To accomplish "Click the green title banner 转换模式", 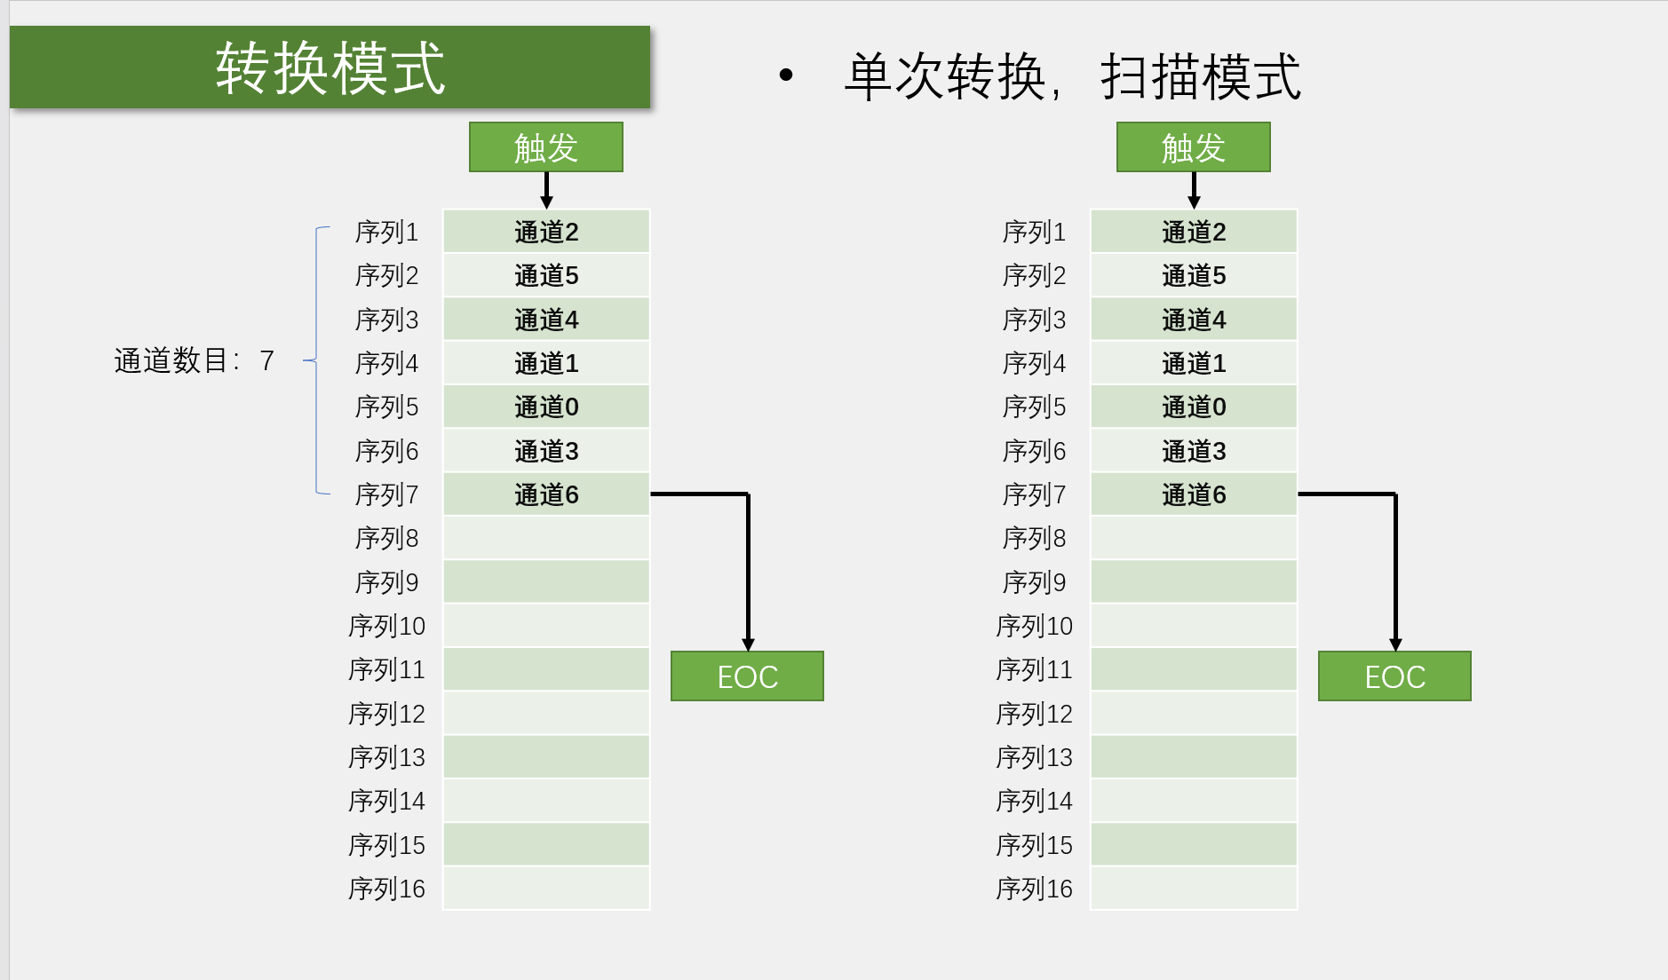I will click(330, 67).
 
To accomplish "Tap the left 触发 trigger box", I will click(545, 147).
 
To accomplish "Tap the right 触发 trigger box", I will click(1193, 147).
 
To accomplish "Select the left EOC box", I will click(747, 676).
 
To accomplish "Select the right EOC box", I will click(1394, 676).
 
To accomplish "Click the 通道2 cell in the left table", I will click(546, 232).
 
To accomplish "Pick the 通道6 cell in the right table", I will click(1194, 494).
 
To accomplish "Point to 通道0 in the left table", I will click(546, 407).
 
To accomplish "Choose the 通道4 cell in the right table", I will click(1194, 320).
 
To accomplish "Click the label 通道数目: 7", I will click(194, 360).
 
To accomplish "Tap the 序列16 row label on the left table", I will click(386, 889).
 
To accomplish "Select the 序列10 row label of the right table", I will click(1034, 626).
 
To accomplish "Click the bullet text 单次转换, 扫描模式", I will click(1071, 77).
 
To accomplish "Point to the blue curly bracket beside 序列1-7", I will click(317, 360).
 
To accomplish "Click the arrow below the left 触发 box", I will click(546, 190).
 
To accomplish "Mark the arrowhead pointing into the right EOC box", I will click(1395, 644).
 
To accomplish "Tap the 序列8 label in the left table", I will click(386, 538).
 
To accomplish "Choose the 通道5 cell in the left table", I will click(546, 275).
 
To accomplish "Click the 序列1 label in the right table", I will click(1034, 232).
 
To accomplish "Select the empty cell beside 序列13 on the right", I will click(1194, 757).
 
